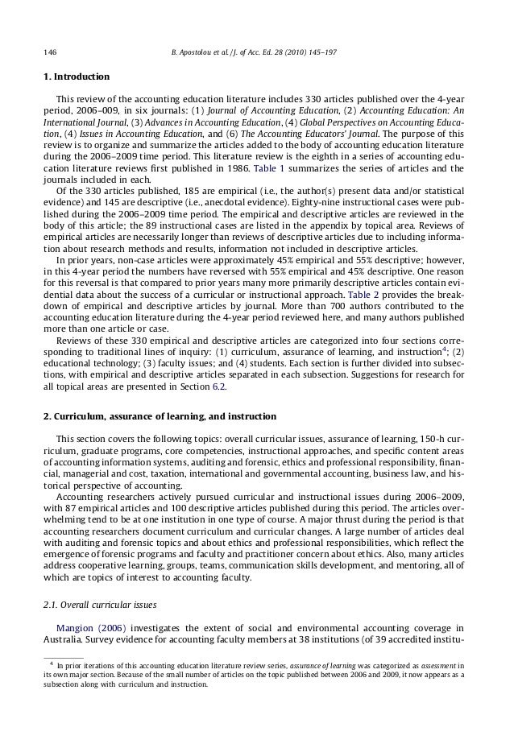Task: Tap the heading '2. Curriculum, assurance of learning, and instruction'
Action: [x=159, y=416]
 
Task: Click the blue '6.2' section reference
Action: [x=219, y=387]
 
